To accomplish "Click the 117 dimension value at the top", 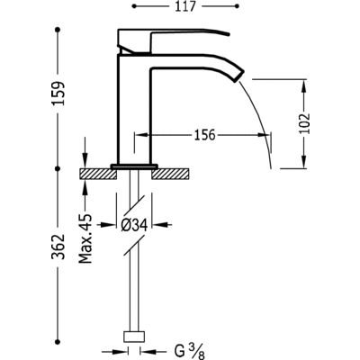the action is tap(184, 6).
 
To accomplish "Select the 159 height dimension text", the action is tap(58, 93).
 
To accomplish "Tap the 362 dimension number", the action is tap(58, 247).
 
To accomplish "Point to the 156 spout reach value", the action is tap(205, 135).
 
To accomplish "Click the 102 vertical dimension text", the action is tap(304, 123).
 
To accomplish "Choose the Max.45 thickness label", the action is tap(85, 238).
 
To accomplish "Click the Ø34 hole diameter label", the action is tap(134, 225).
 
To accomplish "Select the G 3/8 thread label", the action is tap(189, 351).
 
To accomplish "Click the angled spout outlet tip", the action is tap(239, 76).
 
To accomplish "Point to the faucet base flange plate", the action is tap(134, 166).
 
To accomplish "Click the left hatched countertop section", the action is tap(98, 174).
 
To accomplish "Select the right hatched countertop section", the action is tap(170, 174).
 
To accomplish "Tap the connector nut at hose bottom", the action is tap(134, 336).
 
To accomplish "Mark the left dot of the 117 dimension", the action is tap(134, 6).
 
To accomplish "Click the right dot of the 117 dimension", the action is tap(238, 6).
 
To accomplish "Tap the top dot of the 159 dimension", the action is tap(58, 30).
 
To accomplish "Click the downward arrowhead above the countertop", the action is tap(85, 161).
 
